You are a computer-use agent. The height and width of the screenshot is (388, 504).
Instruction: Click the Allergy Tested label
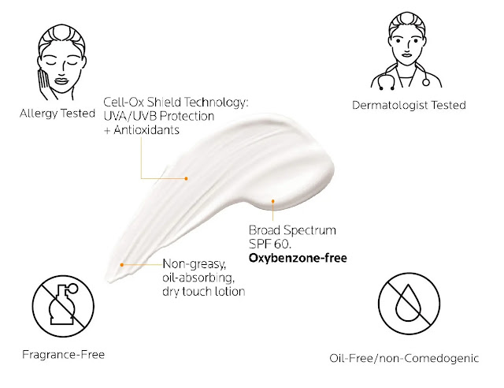coord(57,114)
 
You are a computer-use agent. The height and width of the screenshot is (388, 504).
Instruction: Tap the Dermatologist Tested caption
coord(409,105)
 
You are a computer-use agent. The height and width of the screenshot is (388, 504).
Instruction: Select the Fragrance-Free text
coord(63,355)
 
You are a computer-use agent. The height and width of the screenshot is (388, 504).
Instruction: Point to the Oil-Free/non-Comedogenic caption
coord(404,358)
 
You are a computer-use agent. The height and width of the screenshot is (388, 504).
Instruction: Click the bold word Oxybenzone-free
coord(298,258)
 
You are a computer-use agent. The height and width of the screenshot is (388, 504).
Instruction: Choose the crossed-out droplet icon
coord(409,304)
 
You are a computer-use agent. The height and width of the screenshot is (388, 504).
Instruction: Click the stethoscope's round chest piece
coord(426,83)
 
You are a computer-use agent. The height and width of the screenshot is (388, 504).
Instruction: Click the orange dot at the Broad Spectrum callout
coord(273,201)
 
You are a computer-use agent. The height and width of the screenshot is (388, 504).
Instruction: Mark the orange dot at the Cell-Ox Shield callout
coord(186,178)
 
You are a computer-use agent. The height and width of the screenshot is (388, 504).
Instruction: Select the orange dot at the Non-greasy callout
coord(122,265)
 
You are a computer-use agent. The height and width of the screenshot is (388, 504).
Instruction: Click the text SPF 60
coord(270,244)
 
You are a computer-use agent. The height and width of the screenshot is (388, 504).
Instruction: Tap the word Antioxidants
coord(146,130)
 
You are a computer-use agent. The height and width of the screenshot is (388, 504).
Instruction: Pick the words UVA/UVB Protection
coord(159,116)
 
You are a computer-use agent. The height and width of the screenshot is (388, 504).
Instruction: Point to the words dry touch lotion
coord(204,292)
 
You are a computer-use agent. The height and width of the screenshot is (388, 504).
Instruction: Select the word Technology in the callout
coord(217,103)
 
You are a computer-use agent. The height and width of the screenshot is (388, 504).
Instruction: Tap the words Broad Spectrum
coord(292,230)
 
